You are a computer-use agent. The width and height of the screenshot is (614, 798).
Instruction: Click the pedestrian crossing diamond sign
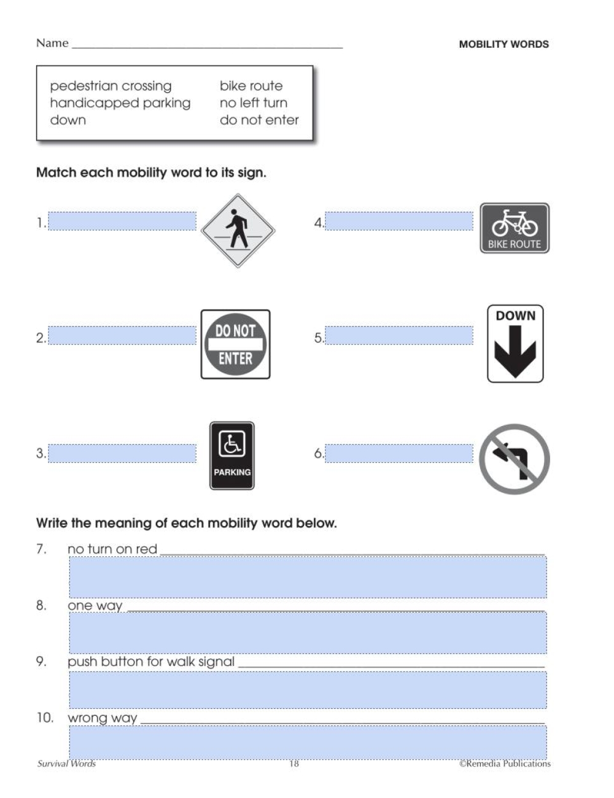pyautogui.click(x=238, y=231)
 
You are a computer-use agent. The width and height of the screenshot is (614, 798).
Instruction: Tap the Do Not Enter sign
pyautogui.click(x=235, y=344)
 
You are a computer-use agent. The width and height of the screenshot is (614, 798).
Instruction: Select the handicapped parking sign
pyautogui.click(x=231, y=455)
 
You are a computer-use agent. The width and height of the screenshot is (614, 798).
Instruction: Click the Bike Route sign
pyautogui.click(x=515, y=228)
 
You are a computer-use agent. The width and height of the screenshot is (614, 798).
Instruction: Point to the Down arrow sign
pyautogui.click(x=515, y=344)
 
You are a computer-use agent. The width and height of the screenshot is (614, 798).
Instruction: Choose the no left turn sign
pyautogui.click(x=515, y=459)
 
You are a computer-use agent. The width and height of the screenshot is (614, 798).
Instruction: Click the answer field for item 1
pyautogui.click(x=122, y=221)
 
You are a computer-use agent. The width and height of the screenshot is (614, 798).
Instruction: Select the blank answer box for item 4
pyautogui.click(x=399, y=221)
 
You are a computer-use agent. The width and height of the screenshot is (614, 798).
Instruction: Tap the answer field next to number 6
pyautogui.click(x=399, y=454)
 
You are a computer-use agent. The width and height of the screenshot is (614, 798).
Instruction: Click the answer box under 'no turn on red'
pyautogui.click(x=307, y=577)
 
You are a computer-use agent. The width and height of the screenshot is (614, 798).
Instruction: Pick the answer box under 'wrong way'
pyautogui.click(x=307, y=742)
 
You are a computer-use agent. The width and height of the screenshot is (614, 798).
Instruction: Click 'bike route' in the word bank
pyautogui.click(x=251, y=86)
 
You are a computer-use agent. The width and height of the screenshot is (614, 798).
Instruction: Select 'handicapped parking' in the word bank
pyautogui.click(x=120, y=103)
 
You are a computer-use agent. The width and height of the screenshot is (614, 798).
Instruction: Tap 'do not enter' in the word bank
pyautogui.click(x=259, y=120)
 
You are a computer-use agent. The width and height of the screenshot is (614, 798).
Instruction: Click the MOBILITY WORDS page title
pyautogui.click(x=503, y=44)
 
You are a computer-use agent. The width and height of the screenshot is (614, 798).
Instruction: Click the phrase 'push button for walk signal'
pyautogui.click(x=151, y=662)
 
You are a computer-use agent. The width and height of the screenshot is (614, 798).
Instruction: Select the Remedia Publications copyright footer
pyautogui.click(x=505, y=764)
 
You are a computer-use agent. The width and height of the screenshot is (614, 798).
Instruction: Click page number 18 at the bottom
pyautogui.click(x=294, y=764)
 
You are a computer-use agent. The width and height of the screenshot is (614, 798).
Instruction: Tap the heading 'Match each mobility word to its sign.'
pyautogui.click(x=151, y=172)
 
